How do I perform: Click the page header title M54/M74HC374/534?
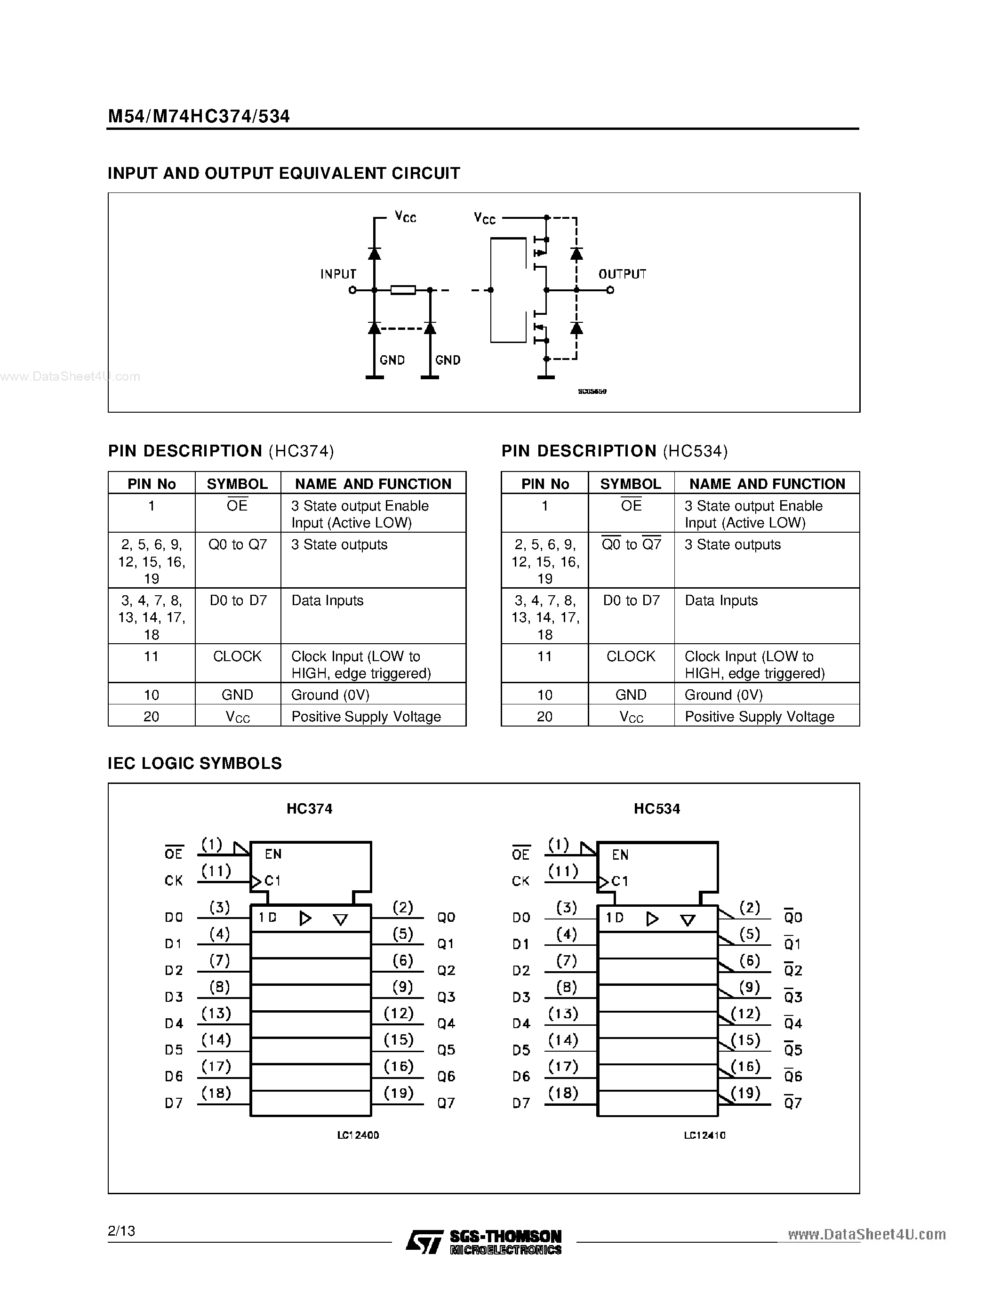(x=199, y=116)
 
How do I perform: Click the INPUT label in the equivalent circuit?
(x=338, y=274)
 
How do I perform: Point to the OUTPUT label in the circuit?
(x=622, y=274)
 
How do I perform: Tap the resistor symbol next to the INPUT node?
(x=403, y=290)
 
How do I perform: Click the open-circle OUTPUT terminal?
(x=610, y=290)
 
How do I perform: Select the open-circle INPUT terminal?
(x=352, y=290)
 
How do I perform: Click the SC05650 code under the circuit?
(x=592, y=391)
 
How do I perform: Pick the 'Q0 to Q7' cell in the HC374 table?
(x=238, y=544)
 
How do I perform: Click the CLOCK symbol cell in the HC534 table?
(x=631, y=656)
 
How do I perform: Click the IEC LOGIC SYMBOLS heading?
(x=194, y=763)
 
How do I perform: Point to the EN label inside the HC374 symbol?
(x=273, y=854)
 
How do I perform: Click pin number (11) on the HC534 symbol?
(x=563, y=871)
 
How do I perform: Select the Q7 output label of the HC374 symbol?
(x=446, y=1102)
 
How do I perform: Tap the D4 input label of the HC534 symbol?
(x=521, y=1023)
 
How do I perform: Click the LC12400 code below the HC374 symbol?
(x=358, y=1134)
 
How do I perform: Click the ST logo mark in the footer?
(x=424, y=1241)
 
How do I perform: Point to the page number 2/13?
(x=121, y=1230)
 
